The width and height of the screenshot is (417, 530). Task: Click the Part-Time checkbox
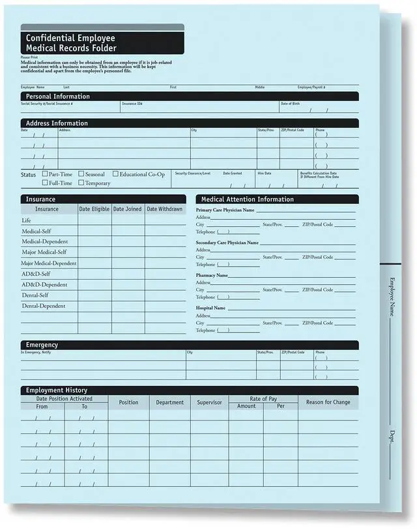tap(45, 174)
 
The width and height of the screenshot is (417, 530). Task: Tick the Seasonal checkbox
tap(81, 174)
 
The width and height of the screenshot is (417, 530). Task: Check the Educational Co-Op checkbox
tap(115, 174)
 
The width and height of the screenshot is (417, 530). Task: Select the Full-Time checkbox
tap(45, 183)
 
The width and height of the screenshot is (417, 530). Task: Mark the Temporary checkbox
tap(81, 183)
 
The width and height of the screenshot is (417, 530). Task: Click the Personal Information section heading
tap(57, 96)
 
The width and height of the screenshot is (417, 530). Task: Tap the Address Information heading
tap(57, 123)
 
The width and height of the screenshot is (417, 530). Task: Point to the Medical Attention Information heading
tap(247, 199)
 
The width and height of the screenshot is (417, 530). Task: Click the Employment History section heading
tap(57, 390)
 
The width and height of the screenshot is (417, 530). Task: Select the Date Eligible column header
tap(94, 209)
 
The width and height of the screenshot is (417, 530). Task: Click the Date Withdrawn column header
tap(165, 209)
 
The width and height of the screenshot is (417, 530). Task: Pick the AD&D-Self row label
tap(36, 274)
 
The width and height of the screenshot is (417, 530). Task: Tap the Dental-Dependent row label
tap(44, 306)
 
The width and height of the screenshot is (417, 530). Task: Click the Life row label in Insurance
tap(27, 220)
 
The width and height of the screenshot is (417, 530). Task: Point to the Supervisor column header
tap(209, 402)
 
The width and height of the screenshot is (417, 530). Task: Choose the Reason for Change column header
tap(328, 402)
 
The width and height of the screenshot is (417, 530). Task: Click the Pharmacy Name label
tap(212, 276)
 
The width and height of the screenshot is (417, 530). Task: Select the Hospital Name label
tap(210, 308)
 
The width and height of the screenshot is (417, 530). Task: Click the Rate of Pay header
tap(263, 398)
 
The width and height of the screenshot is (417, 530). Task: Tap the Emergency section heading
tap(42, 345)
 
